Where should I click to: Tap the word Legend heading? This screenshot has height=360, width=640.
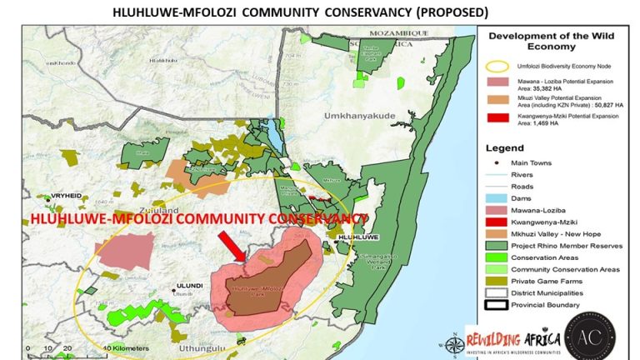[510, 147]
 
